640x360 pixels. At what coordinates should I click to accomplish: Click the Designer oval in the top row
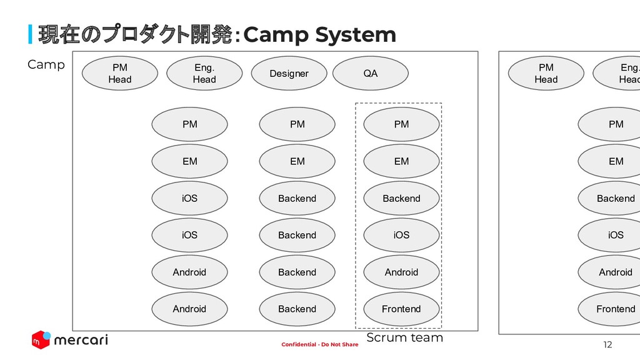pos(289,74)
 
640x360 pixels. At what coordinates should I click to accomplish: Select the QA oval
pos(370,74)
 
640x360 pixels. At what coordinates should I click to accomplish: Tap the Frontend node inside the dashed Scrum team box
pos(401,309)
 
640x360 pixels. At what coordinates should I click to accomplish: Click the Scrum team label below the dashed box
pos(404,338)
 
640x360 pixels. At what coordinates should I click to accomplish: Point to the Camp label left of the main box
pos(46,64)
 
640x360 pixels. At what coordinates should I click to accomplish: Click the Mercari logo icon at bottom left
pos(41,340)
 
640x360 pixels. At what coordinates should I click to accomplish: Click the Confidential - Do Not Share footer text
pos(320,345)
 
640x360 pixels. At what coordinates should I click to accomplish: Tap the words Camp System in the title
pos(319,35)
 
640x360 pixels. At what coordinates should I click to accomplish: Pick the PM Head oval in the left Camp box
pos(120,73)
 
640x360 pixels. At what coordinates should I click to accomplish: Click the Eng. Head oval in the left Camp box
pos(204,73)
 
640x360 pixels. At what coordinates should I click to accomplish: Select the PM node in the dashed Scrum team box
pos(401,124)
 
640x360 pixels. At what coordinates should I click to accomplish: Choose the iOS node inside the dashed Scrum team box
pos(401,235)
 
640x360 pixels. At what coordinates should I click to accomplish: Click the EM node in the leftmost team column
pos(189,161)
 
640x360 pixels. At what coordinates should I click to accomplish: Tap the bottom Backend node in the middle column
pos(297,309)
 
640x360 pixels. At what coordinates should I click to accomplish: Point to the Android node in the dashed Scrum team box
pos(401,272)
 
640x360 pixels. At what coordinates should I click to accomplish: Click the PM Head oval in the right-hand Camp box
pos(546,73)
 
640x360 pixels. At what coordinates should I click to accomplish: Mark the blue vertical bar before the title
pos(30,35)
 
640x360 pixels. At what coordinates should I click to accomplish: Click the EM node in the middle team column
pos(297,161)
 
